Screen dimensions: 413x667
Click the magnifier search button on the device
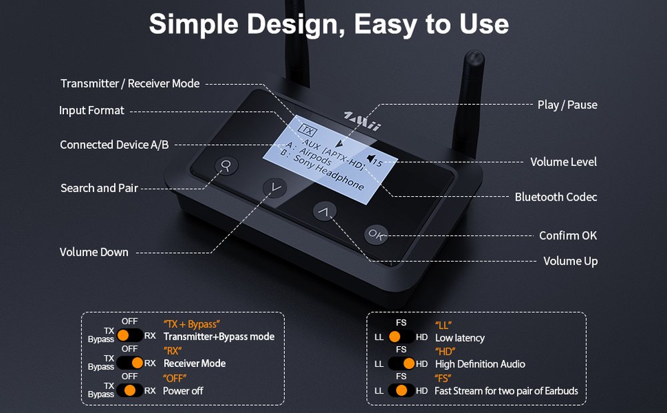226,165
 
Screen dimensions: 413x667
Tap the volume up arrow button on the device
324,212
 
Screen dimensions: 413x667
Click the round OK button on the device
376,234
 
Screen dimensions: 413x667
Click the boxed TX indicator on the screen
306,129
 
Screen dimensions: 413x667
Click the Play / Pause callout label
567,105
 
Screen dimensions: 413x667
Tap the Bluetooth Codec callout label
556,197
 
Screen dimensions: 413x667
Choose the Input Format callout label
91,110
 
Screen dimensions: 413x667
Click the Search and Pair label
99,188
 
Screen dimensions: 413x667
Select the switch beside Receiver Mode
129,363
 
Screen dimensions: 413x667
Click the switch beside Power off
129,390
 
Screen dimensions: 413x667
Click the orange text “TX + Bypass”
191,324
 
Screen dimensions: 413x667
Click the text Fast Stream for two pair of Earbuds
506,390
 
